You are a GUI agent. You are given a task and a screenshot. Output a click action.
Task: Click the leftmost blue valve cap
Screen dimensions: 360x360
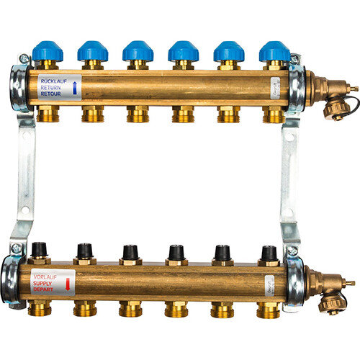pos(46,50)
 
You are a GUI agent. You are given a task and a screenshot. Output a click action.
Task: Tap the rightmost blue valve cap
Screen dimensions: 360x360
pos(274,50)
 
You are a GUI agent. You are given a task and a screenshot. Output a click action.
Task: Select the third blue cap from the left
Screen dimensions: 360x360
pos(138,50)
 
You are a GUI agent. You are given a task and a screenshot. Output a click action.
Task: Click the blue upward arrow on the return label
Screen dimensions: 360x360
pos(76,89)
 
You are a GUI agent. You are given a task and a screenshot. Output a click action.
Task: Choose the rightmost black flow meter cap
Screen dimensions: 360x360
pos(269,253)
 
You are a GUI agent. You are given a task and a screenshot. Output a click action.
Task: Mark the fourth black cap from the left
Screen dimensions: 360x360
pos(176,252)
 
